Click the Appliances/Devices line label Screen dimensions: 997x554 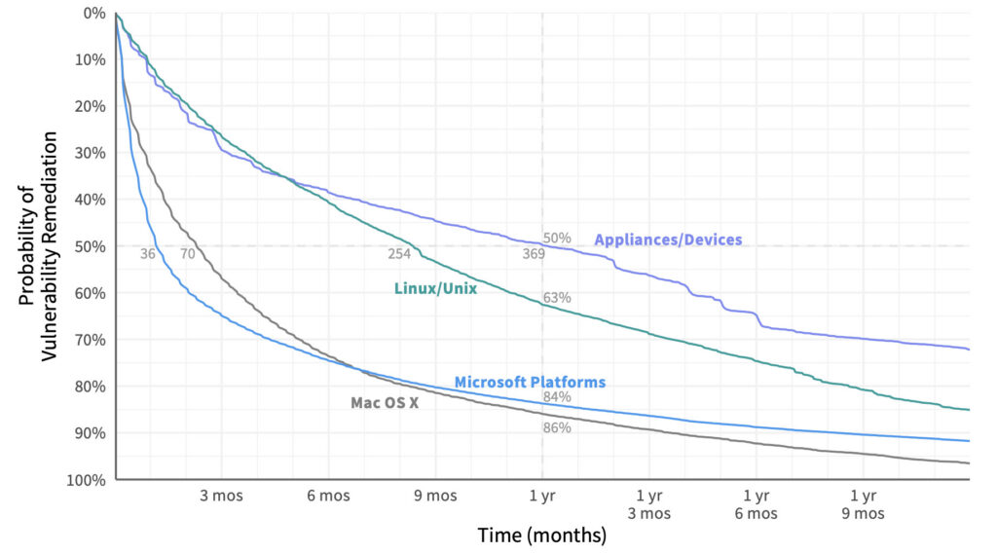tap(668, 240)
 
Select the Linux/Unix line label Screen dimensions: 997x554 tap(435, 288)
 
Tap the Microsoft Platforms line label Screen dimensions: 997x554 tap(530, 383)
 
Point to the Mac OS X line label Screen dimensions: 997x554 tap(385, 403)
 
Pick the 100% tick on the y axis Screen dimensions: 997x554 tap(86, 480)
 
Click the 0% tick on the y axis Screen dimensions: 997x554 tap(94, 14)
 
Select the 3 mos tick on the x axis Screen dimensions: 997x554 tap(221, 496)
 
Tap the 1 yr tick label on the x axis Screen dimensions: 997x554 tap(542, 496)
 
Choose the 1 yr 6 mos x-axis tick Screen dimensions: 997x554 tap(756, 504)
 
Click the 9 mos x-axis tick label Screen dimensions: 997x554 tap(435, 496)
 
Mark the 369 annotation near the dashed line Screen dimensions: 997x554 tap(535, 254)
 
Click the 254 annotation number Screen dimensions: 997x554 tap(399, 254)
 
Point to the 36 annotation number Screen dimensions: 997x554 tap(148, 254)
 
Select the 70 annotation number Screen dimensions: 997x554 tap(188, 254)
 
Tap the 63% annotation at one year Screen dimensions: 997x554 tap(557, 298)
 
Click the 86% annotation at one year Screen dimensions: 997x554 tap(557, 428)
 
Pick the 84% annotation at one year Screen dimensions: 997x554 tap(557, 397)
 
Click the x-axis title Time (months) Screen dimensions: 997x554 tap(542, 535)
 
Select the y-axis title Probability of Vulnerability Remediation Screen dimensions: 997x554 tap(38, 246)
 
